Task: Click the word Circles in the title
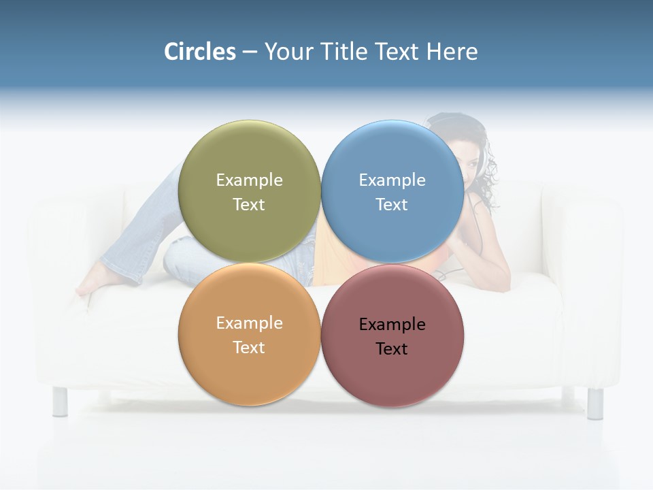coord(200,52)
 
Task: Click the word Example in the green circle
coord(249,180)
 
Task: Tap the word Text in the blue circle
coord(392,205)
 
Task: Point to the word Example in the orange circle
coord(249,323)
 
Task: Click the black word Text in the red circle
coord(392,349)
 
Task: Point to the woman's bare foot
coord(92,284)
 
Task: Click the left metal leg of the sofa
coord(60,401)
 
